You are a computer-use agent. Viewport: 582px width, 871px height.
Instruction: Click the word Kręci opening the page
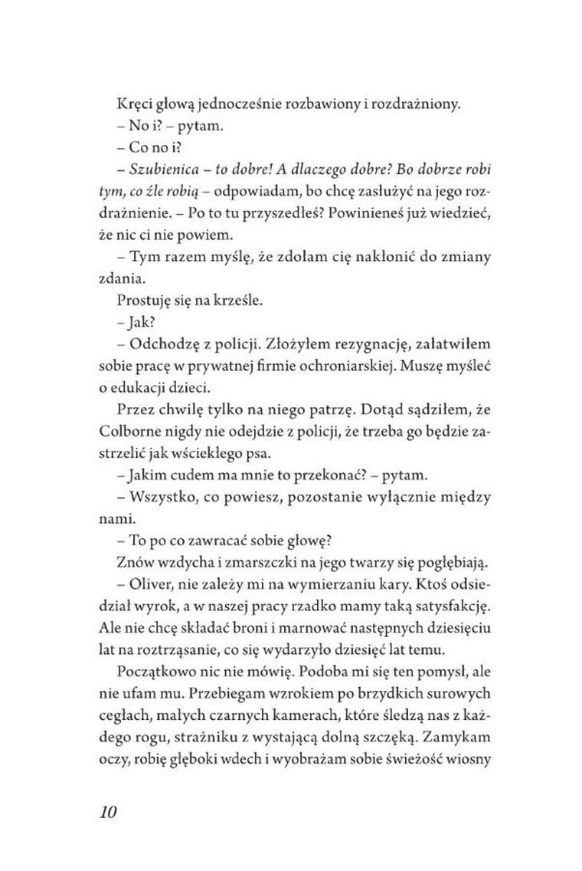(135, 105)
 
